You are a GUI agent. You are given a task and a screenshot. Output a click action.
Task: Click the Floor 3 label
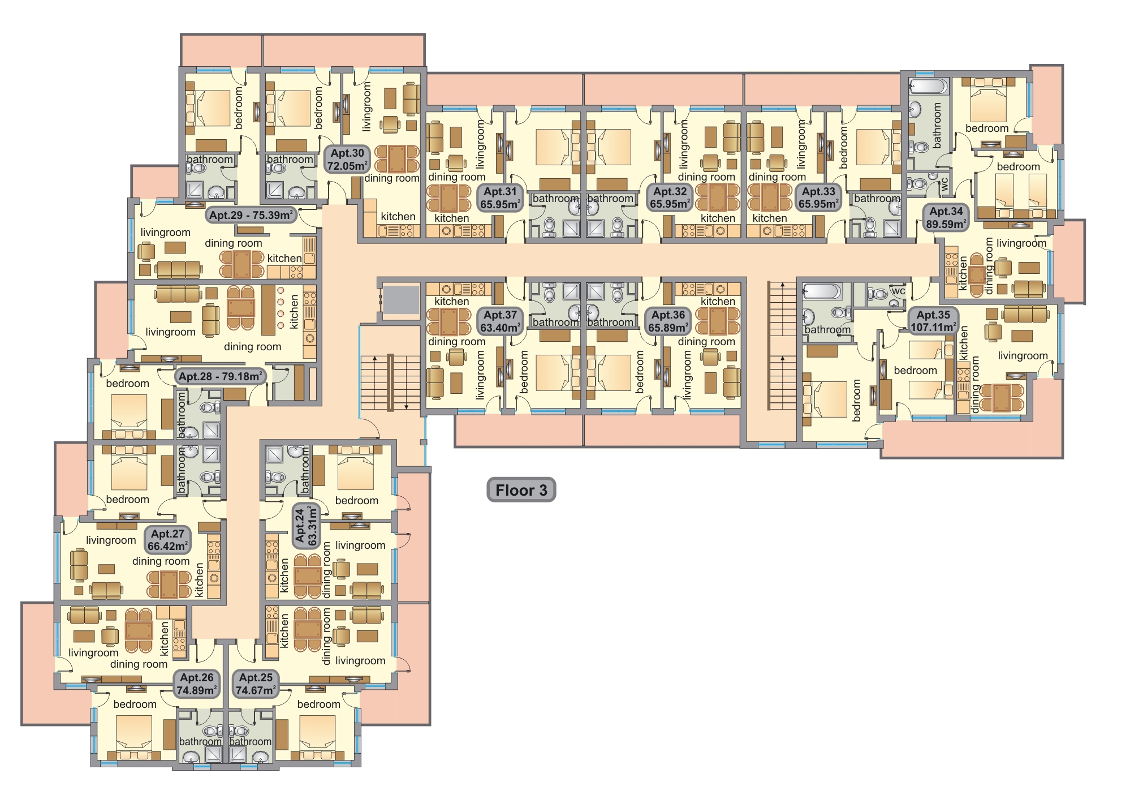click(521, 490)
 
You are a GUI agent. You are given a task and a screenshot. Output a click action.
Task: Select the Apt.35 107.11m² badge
click(933, 321)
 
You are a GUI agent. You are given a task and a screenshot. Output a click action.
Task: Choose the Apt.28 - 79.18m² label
click(220, 376)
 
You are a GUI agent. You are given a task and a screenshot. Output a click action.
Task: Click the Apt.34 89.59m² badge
click(946, 218)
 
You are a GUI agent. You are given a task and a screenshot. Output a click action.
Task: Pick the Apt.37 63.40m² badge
click(500, 321)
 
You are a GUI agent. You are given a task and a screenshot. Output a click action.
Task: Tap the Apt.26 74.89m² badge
click(197, 684)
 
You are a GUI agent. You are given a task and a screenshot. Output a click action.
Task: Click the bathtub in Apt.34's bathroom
click(928, 87)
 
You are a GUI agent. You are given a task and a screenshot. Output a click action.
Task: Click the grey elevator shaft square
click(400, 299)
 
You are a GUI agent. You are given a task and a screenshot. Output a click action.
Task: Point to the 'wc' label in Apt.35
click(898, 291)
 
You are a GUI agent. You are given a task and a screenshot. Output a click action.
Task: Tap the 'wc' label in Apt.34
click(944, 184)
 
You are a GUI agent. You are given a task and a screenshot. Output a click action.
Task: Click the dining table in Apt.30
click(396, 158)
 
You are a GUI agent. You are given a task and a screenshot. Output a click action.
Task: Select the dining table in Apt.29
click(241, 263)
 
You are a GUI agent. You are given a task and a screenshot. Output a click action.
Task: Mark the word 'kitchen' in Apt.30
click(398, 216)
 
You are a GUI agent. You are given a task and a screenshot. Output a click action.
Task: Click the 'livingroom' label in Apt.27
click(111, 540)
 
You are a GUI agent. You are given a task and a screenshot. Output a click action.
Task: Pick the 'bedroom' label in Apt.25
click(319, 704)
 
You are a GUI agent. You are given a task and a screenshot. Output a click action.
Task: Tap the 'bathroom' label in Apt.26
click(200, 741)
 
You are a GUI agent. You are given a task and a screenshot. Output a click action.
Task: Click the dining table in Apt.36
click(718, 321)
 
